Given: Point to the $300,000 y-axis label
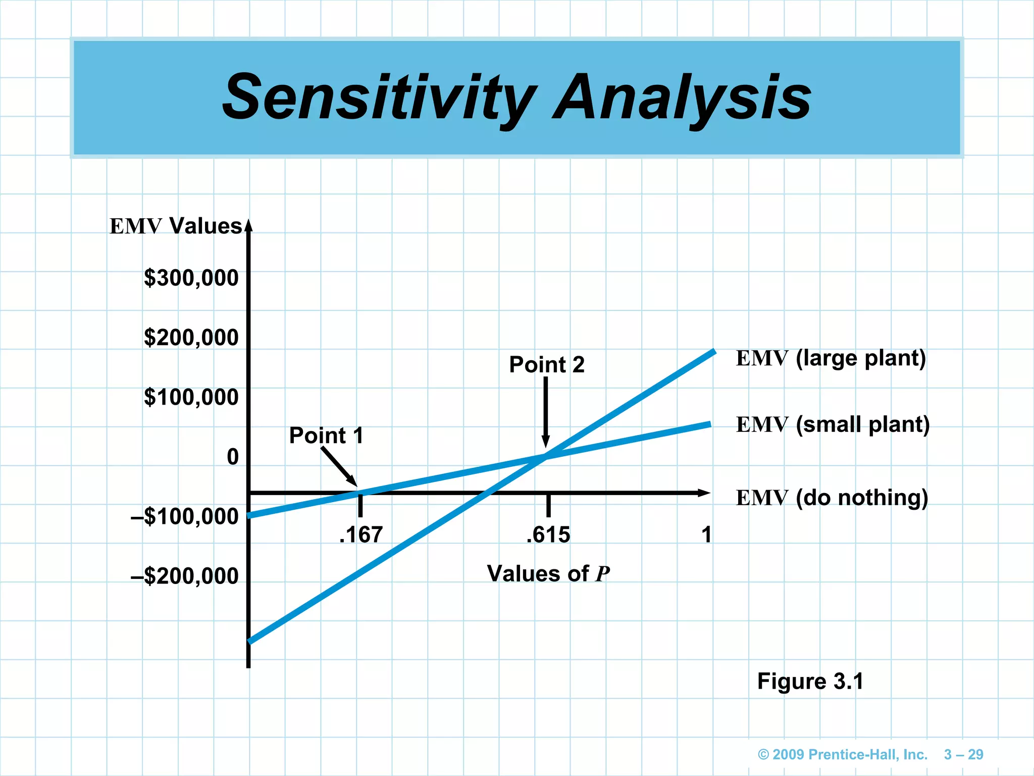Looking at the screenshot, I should [191, 278].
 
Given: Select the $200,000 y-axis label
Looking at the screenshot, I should [191, 337].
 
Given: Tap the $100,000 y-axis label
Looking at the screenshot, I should [191, 397].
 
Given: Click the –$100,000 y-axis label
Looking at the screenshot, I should [184, 516].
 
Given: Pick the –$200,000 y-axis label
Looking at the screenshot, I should [184, 576].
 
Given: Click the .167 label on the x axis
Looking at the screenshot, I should [361, 535].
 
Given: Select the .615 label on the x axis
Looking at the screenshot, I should [548, 535].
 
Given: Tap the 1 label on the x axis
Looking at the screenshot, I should [706, 535].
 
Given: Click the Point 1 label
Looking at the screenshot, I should [326, 435].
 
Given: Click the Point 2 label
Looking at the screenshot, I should [547, 365].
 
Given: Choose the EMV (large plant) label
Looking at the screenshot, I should [831, 358].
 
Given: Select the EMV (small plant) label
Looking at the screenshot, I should [833, 424].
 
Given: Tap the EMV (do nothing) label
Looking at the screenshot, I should [832, 498].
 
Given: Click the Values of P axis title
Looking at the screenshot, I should [548, 574].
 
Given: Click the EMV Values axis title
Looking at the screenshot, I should [176, 226].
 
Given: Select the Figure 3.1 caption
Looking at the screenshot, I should [810, 681].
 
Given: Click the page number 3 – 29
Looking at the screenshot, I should [963, 755].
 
